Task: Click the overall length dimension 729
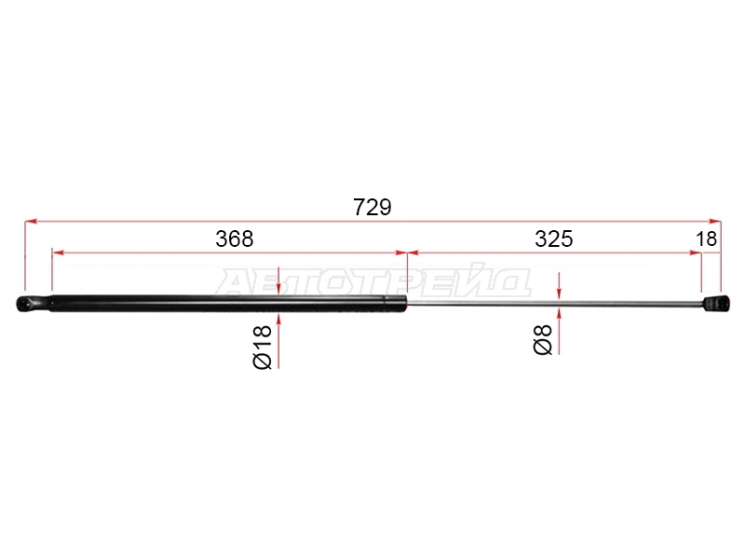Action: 372,207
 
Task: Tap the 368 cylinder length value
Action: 235,239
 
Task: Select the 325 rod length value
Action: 553,239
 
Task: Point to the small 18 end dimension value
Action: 706,239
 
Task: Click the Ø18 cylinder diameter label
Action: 263,347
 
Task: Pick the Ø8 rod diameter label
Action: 543,339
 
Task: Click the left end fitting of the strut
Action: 34,304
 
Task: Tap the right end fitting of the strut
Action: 715,304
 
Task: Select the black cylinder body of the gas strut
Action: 228,304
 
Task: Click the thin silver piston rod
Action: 554,304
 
